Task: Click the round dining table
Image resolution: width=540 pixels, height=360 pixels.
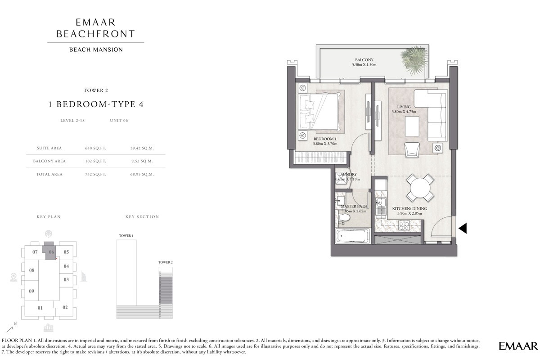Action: (420, 188)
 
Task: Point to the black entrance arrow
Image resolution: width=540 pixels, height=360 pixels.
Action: (463, 229)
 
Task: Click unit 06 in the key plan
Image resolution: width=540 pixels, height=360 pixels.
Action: (51, 252)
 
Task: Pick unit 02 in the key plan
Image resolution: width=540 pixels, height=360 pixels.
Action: (65, 307)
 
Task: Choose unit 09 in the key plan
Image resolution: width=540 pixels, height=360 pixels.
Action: (31, 291)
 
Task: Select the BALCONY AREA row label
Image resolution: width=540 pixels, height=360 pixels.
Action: (49, 161)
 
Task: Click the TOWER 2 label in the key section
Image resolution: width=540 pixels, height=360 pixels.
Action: (165, 262)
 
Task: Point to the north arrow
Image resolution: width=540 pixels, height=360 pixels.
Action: (10, 328)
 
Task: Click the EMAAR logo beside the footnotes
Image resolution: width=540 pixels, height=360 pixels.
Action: (518, 346)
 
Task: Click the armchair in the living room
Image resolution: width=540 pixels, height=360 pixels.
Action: (412, 149)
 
